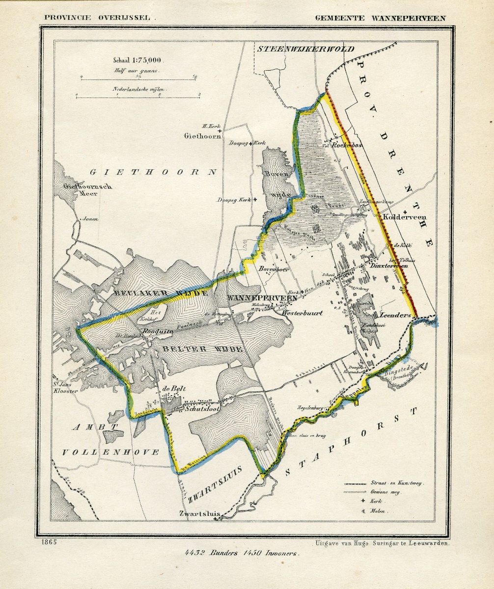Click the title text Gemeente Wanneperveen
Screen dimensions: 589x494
pos(380,18)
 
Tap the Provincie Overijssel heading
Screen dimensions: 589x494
pos(99,17)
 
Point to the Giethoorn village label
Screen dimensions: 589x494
pos(202,136)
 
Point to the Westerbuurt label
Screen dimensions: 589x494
pos(302,313)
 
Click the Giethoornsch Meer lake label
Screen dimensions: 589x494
pos(81,189)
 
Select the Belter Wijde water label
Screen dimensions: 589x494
pos(199,348)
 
